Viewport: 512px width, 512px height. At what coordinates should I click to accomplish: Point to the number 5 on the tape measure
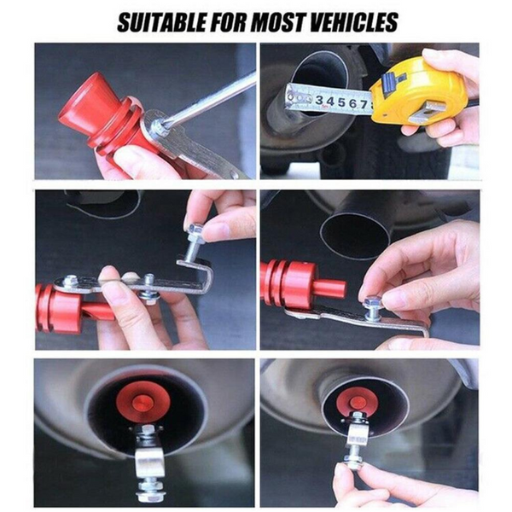pos(342,102)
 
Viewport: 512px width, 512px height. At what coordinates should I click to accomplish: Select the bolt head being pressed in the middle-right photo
pos(373,300)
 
